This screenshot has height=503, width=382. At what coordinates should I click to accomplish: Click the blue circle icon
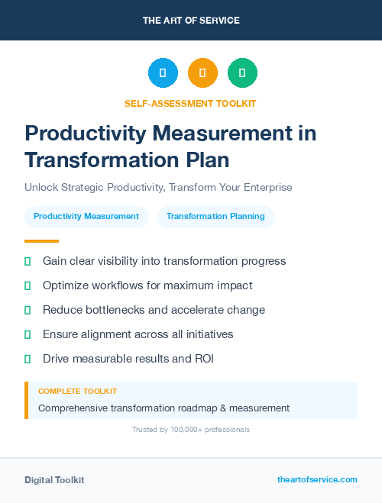(163, 73)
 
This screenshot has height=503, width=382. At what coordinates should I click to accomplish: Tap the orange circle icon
(202, 73)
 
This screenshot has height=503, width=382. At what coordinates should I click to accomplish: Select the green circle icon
(242, 73)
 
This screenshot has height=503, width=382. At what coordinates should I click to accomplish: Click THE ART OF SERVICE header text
(191, 21)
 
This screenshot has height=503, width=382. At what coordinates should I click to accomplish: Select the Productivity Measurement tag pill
(86, 217)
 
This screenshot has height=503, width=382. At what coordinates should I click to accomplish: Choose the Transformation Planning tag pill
(215, 217)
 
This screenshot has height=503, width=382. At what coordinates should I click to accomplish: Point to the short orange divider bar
(41, 241)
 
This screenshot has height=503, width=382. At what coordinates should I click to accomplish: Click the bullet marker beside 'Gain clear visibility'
(28, 261)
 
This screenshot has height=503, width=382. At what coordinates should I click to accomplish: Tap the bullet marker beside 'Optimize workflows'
(28, 285)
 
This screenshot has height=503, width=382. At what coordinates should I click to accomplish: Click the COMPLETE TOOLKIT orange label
(77, 392)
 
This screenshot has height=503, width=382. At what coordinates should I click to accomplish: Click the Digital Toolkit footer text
(54, 480)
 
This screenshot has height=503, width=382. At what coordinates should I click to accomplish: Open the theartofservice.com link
(317, 479)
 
